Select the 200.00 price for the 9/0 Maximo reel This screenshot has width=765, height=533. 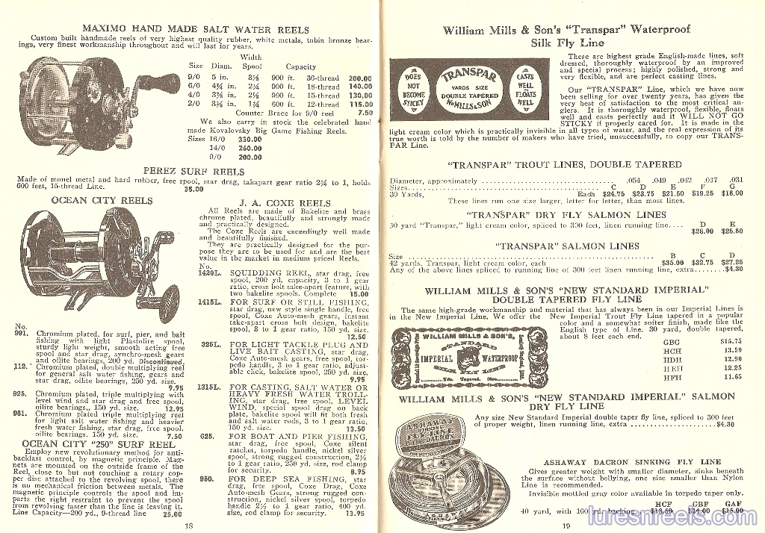tap(359, 78)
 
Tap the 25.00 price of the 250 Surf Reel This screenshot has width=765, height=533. tap(172, 514)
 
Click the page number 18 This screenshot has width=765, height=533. tap(188, 526)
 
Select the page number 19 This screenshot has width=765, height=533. tap(566, 526)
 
